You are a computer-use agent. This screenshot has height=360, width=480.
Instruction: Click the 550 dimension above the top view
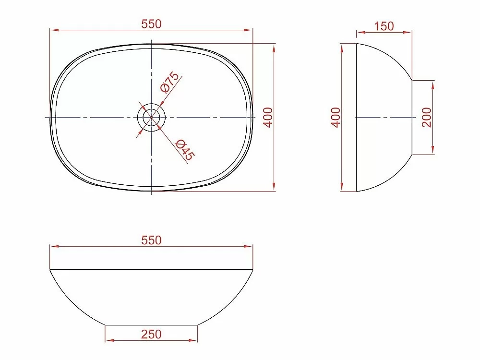(x=151, y=24)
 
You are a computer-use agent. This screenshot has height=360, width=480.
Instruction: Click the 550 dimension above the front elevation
(x=151, y=240)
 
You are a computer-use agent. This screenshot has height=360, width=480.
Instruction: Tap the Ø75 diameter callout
(x=169, y=82)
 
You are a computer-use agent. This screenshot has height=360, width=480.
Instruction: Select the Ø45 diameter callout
(x=185, y=150)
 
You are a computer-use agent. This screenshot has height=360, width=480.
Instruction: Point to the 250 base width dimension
(x=151, y=334)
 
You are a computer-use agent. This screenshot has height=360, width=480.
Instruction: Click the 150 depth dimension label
(x=384, y=26)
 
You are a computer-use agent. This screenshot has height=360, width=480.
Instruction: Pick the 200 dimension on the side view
(x=426, y=118)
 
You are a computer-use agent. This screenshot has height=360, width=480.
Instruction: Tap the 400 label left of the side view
(x=336, y=118)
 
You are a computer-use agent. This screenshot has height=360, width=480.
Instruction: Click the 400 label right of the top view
(x=268, y=118)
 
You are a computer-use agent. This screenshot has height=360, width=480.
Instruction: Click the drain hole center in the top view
(x=152, y=117)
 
